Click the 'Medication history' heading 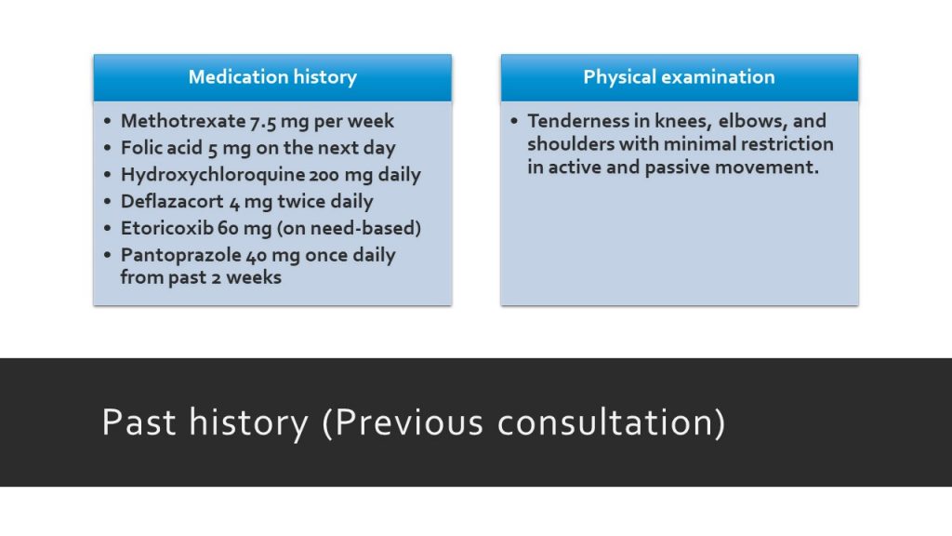[272, 77]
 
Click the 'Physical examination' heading [679, 77]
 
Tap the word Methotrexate [183, 121]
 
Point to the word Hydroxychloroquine [213, 175]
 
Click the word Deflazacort [172, 201]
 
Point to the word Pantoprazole [181, 255]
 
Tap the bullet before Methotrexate [108, 121]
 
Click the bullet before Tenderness [514, 121]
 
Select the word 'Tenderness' [578, 121]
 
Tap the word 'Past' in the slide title [139, 422]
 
